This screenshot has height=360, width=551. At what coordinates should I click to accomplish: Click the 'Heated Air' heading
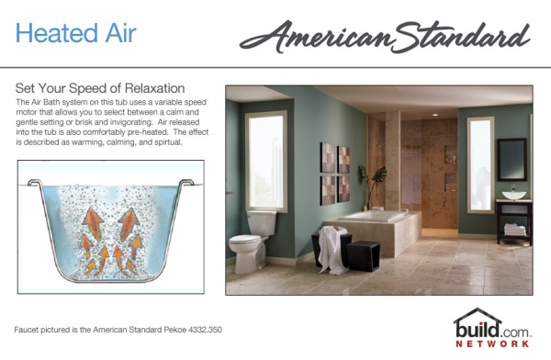(x=75, y=33)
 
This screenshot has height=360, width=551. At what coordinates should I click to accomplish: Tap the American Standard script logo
(x=385, y=37)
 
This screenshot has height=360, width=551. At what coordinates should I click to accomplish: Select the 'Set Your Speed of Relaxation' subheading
(x=100, y=88)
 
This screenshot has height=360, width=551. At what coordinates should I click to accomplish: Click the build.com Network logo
(x=492, y=329)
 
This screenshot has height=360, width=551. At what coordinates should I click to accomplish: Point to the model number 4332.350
(x=205, y=330)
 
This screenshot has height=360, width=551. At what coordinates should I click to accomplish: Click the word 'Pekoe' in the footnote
(x=175, y=330)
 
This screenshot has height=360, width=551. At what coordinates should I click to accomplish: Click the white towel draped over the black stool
(x=332, y=250)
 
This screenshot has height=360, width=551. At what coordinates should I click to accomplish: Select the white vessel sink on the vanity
(x=513, y=195)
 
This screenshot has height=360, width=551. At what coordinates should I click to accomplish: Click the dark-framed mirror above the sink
(x=512, y=159)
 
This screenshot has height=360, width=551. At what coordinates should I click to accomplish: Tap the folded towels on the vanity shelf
(x=515, y=230)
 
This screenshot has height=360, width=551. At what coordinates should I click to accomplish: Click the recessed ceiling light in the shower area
(x=435, y=115)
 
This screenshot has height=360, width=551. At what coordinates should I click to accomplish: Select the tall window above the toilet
(x=266, y=162)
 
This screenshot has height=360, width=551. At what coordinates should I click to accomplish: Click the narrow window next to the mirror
(x=480, y=165)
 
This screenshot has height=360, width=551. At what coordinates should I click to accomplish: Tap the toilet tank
(x=262, y=223)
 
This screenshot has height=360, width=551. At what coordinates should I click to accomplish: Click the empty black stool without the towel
(x=364, y=256)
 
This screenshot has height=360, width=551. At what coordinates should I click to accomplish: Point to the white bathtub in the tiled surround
(x=373, y=215)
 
